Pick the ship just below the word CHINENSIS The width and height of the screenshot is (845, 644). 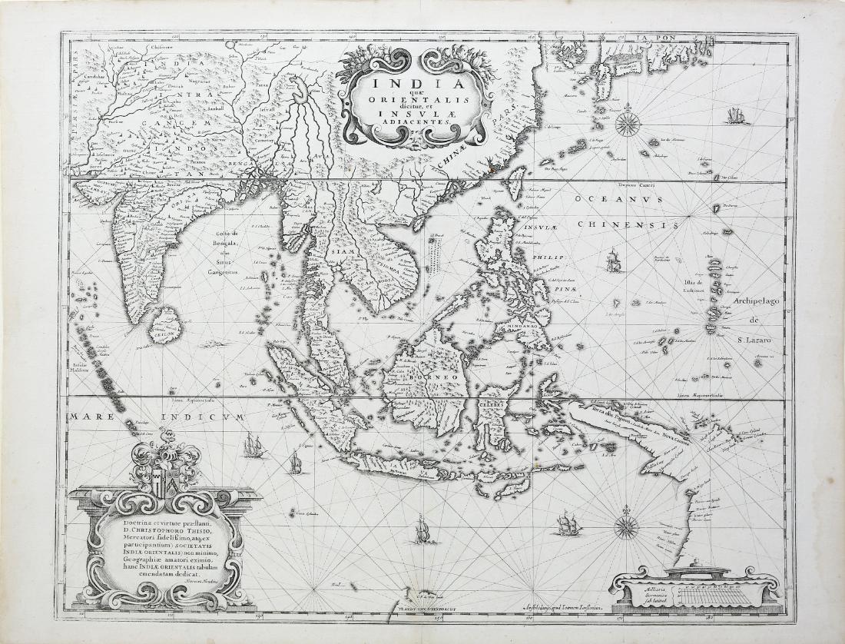point(612,261)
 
